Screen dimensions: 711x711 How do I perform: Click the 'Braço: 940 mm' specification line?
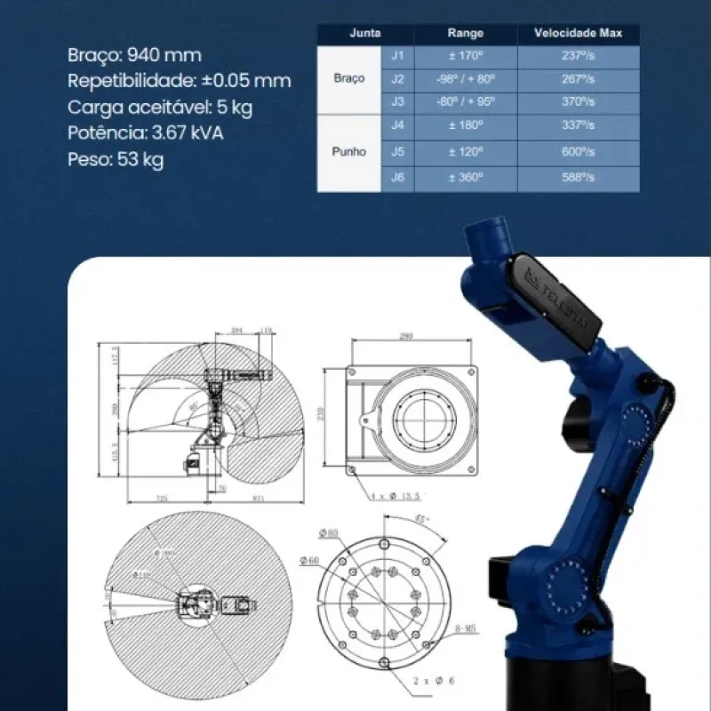point(134,55)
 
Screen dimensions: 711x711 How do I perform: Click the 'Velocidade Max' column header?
point(578,34)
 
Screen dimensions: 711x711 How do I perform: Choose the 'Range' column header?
point(467,34)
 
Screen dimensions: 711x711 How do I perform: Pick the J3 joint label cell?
point(397,102)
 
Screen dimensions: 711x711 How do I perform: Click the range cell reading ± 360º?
point(467,178)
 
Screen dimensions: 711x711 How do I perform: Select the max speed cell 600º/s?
point(578,152)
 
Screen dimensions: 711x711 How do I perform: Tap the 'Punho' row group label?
point(349,152)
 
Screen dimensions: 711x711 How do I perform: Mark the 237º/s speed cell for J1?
point(578,56)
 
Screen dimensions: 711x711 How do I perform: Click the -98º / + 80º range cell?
point(467,78)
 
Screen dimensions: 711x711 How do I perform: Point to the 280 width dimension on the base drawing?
point(407,337)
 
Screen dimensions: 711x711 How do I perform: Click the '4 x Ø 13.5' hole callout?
point(395,493)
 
